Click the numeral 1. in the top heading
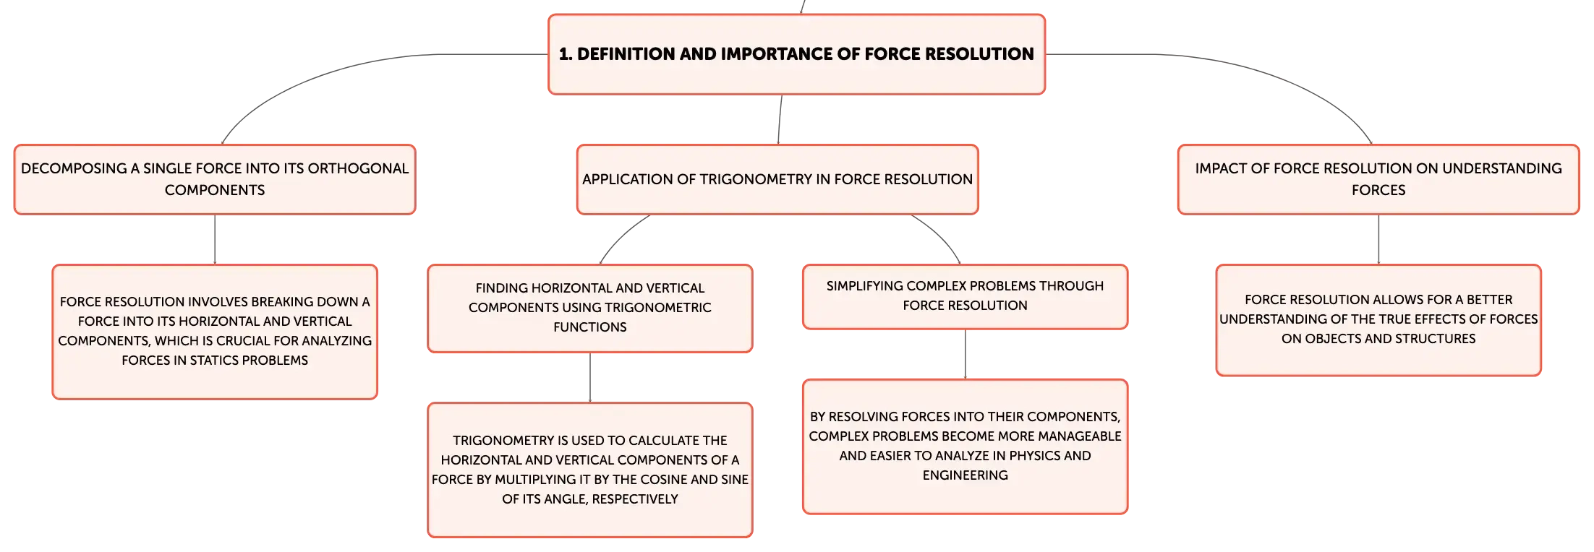566,54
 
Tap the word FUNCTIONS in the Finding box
590,327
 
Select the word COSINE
662,479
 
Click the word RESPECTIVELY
635,499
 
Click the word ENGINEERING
965,475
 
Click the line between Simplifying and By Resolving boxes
965,354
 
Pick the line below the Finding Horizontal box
590,377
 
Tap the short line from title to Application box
780,119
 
